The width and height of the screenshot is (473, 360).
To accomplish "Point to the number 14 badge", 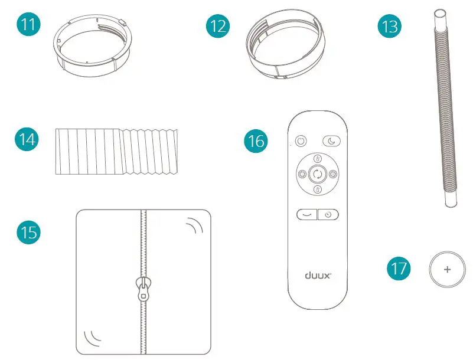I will [x=27, y=142].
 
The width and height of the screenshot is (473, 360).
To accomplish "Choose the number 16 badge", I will [x=256, y=142].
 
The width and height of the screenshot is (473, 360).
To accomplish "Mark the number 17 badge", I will [x=399, y=269].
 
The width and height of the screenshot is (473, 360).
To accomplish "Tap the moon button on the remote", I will [x=332, y=141].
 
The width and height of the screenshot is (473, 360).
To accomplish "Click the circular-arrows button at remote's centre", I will [x=317, y=174].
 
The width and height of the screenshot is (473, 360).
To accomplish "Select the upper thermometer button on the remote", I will [x=317, y=158].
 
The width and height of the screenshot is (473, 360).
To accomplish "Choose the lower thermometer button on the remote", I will [x=317, y=189].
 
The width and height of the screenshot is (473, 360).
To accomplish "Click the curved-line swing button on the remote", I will [x=306, y=215].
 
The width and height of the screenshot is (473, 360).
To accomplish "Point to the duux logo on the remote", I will [x=318, y=274].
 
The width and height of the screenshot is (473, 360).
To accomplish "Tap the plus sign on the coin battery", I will [x=446, y=269].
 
